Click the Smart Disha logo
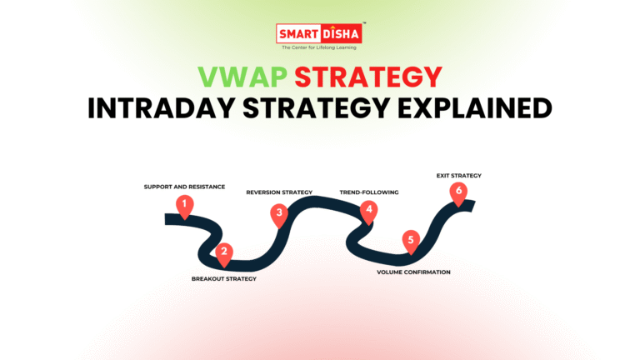click(319, 37)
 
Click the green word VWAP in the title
click(237, 78)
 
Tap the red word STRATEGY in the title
click(370, 78)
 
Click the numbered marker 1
click(183, 204)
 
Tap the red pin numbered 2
click(223, 251)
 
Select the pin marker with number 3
click(280, 213)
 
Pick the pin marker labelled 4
click(369, 209)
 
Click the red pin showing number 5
click(409, 240)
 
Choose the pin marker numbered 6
click(457, 192)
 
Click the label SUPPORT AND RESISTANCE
click(184, 187)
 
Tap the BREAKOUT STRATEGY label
click(224, 278)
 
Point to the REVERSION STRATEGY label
click(279, 192)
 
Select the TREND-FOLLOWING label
click(369, 192)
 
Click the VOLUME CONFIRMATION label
click(413, 272)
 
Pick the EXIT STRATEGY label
click(459, 176)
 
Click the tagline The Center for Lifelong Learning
click(319, 47)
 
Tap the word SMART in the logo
click(298, 34)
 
